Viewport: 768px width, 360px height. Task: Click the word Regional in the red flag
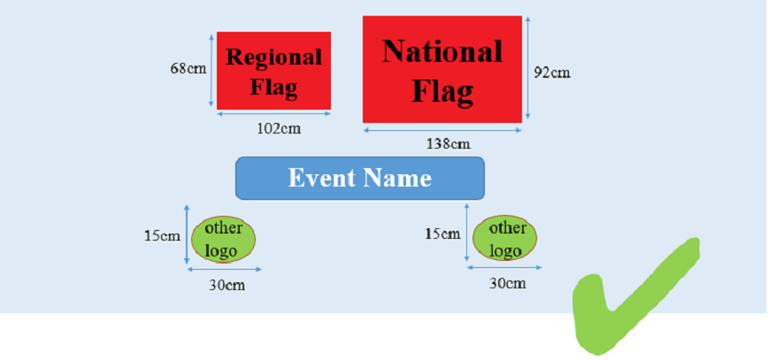point(273,57)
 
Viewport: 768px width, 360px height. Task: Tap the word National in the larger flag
point(442,51)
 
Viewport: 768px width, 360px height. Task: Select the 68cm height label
point(188,69)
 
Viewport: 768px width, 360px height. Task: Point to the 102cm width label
point(280,128)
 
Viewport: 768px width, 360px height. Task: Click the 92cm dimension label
point(552,73)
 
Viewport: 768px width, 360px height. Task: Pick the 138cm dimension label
point(449,143)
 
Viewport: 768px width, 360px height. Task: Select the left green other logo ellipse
point(223,239)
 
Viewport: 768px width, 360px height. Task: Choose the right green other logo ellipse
point(504,238)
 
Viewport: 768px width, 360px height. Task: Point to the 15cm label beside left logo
point(162,236)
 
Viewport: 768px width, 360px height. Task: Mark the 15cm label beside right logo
point(442,234)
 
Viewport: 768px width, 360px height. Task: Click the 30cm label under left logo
point(227,285)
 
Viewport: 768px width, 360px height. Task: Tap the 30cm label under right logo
point(508,283)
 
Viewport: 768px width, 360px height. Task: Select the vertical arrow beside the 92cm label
point(527,68)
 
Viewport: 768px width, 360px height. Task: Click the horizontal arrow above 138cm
point(442,130)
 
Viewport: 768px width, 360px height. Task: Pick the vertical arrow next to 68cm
point(211,71)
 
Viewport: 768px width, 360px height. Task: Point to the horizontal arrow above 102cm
point(273,113)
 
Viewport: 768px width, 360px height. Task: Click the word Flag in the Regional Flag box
point(273,88)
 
